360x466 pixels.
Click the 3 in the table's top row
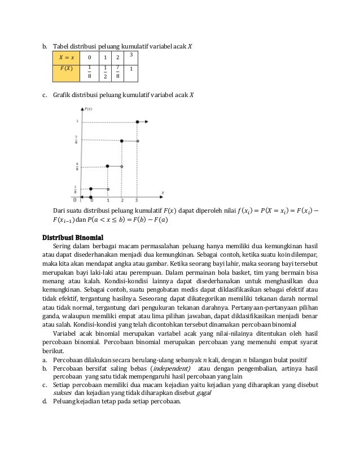(x=131, y=54)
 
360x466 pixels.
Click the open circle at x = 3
(x=137, y=140)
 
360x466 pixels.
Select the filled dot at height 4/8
(x=107, y=166)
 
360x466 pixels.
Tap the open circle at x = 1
(x=108, y=188)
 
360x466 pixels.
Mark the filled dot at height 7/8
(x=121, y=140)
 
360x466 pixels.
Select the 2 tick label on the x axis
(x=122, y=200)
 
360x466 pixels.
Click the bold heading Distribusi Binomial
(x=76, y=236)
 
